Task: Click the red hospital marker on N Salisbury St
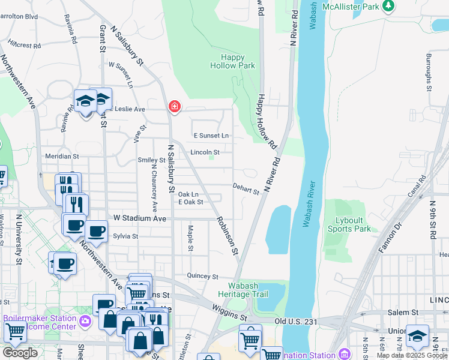pyautogui.click(x=174, y=106)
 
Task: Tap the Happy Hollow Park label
pyautogui.click(x=232, y=61)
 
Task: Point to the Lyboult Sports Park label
pyautogui.click(x=349, y=224)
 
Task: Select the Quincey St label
pyautogui.click(x=203, y=277)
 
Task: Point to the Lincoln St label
pyautogui.click(x=205, y=152)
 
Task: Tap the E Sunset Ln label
pyautogui.click(x=211, y=136)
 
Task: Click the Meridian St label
pyautogui.click(x=62, y=156)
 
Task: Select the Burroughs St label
pyautogui.click(x=429, y=71)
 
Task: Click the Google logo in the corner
pyautogui.click(x=20, y=353)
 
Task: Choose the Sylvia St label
pyautogui.click(x=125, y=236)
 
